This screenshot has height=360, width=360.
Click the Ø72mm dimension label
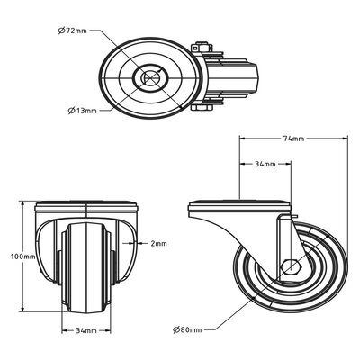click(x=72, y=31)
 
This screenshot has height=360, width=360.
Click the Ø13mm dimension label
click(x=83, y=111)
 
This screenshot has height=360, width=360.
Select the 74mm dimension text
click(x=293, y=139)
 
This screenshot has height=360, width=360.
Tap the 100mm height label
click(x=22, y=256)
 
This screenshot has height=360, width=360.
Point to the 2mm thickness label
click(x=158, y=244)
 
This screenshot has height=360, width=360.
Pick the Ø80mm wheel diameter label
click(x=187, y=330)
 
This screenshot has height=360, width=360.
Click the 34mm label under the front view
click(x=86, y=330)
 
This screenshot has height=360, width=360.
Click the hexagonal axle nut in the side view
click(x=290, y=266)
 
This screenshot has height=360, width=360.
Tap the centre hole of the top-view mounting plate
click(x=151, y=78)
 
